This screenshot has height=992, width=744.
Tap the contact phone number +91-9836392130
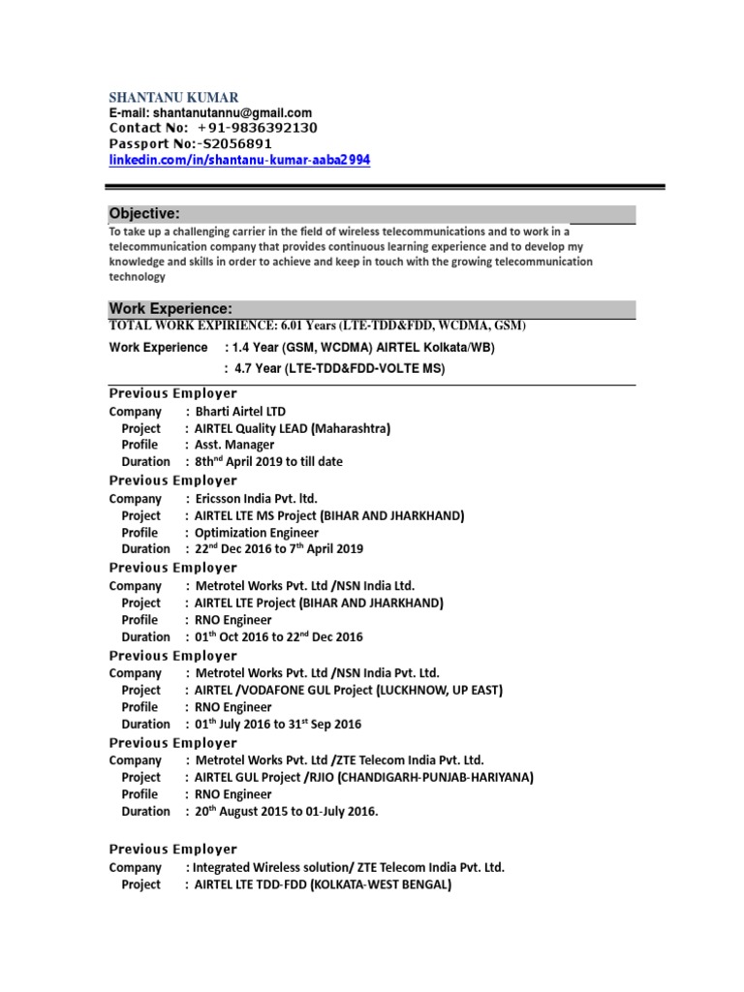tap(257, 128)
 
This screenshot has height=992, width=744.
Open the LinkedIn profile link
tap(239, 159)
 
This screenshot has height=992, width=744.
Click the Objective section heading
tap(144, 214)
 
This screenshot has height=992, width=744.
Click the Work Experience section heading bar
tap(371, 309)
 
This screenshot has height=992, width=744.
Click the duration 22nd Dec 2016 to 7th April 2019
tap(279, 549)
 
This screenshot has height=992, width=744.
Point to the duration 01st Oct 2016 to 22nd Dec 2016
tap(273, 636)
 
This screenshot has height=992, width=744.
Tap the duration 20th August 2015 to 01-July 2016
tap(287, 812)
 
